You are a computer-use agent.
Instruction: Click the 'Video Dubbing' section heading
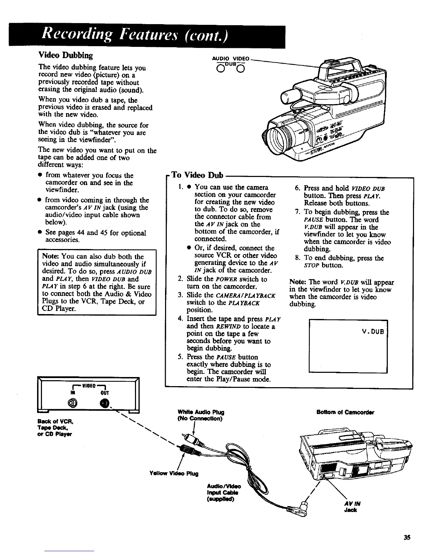(x=65, y=55)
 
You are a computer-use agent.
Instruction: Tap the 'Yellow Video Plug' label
(x=174, y=474)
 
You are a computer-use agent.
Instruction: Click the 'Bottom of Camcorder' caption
(x=345, y=412)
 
